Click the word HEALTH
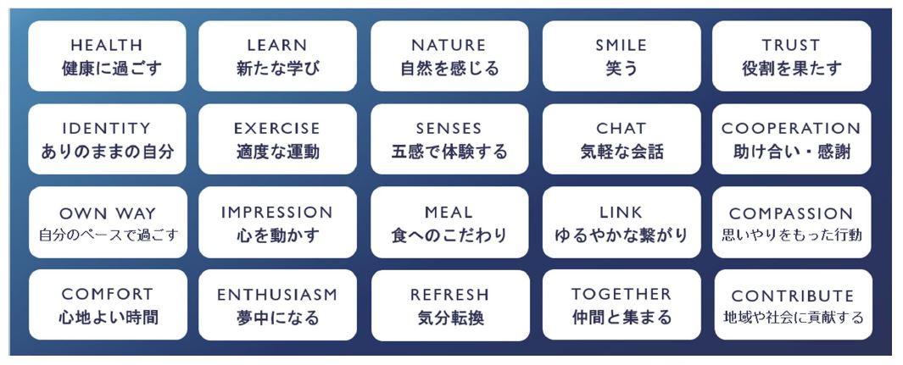107,45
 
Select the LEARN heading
277,45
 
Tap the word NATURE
449,45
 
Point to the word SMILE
622,45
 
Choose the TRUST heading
791,45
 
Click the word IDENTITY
107,128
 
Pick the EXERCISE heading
277,128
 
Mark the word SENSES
449,128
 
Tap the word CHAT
622,128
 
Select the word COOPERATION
791,128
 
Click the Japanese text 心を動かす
277,235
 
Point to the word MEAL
449,212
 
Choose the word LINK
621,212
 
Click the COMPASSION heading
791,213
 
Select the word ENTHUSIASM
277,295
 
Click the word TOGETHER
622,294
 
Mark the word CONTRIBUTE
793,296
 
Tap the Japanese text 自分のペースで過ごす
109,235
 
